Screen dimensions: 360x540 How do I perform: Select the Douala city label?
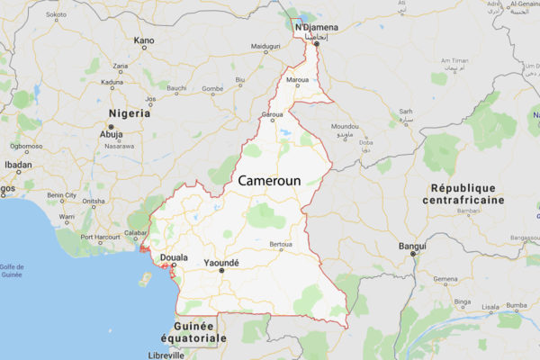tap(174, 257)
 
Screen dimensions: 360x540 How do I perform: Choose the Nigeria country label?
tap(129, 113)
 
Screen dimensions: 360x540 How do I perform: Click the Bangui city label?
tap(413, 244)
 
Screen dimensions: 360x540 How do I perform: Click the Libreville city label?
tap(189, 355)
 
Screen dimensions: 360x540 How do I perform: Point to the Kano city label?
tap(143, 40)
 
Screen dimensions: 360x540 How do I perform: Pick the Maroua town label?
tap(297, 80)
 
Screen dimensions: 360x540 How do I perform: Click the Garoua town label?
tap(272, 115)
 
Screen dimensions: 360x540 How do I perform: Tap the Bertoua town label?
tap(281, 244)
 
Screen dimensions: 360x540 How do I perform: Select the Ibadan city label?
tap(18, 165)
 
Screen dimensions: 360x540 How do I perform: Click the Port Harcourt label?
tap(99, 239)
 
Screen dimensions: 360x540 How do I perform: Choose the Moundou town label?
tap(345, 127)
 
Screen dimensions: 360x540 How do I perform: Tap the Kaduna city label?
tap(112, 82)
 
